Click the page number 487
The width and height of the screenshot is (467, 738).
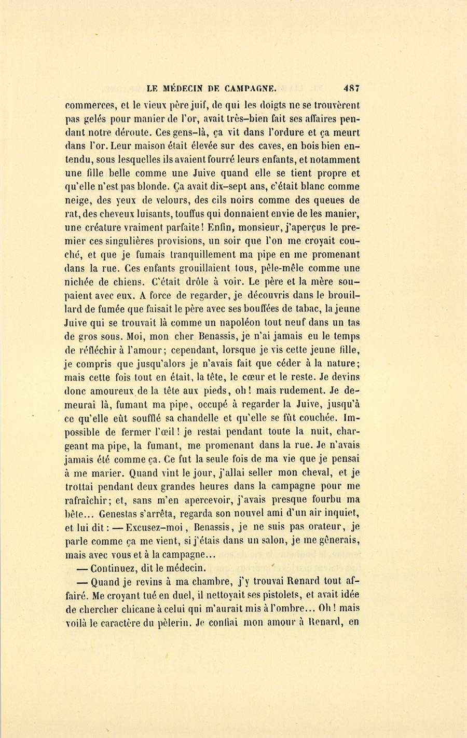[x=351, y=88]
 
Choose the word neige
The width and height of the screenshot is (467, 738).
[x=77, y=201]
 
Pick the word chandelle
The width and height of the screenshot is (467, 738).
[x=205, y=418]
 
